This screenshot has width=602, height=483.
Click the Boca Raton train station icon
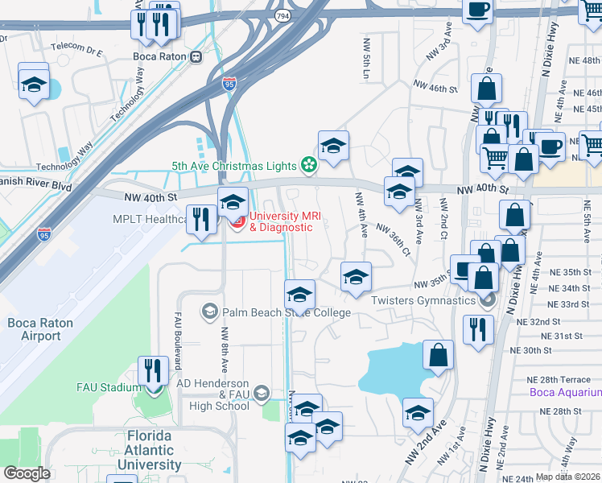coord(196,57)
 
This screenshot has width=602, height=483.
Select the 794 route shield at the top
coord(284,14)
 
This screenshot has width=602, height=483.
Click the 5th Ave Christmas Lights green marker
coord(307,166)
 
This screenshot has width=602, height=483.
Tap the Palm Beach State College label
coord(287,312)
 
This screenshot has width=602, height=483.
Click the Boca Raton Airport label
coord(35,329)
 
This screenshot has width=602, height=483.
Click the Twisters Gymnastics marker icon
coord(485,301)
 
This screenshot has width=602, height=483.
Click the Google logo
coord(27,473)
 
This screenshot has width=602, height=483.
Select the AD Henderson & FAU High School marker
coord(261,393)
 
